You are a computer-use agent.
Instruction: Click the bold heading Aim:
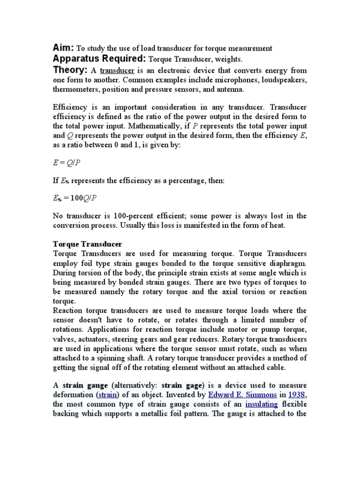(x=63, y=48)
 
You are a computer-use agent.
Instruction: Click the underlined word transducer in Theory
(x=117, y=71)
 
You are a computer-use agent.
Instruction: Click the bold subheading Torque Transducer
(x=88, y=244)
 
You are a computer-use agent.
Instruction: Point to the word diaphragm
(x=287, y=263)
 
